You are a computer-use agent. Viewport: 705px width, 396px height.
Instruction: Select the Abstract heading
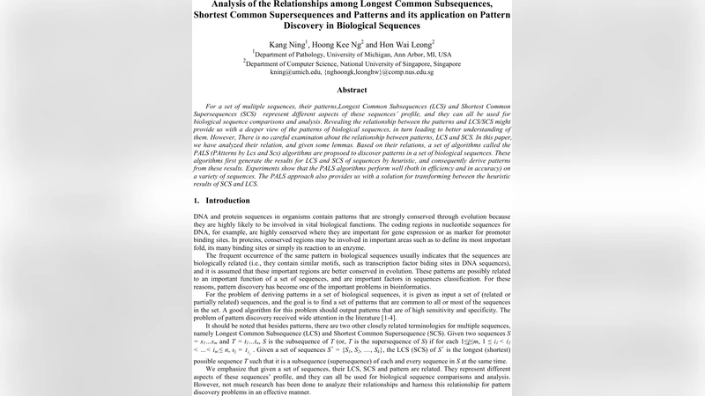tap(352, 90)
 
